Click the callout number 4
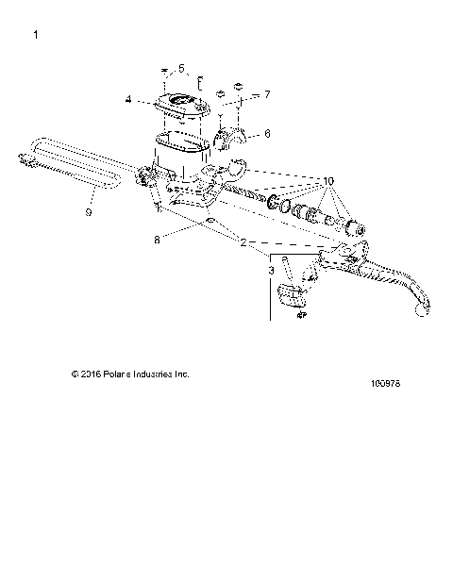[x=128, y=97]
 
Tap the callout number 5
[x=183, y=68]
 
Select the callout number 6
[x=267, y=134]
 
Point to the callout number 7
[x=267, y=94]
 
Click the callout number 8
[x=157, y=240]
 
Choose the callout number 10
[x=328, y=179]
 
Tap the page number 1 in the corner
[x=35, y=35]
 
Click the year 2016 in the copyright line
[x=92, y=374]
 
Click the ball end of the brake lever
[x=421, y=327]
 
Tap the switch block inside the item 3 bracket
[x=294, y=295]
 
